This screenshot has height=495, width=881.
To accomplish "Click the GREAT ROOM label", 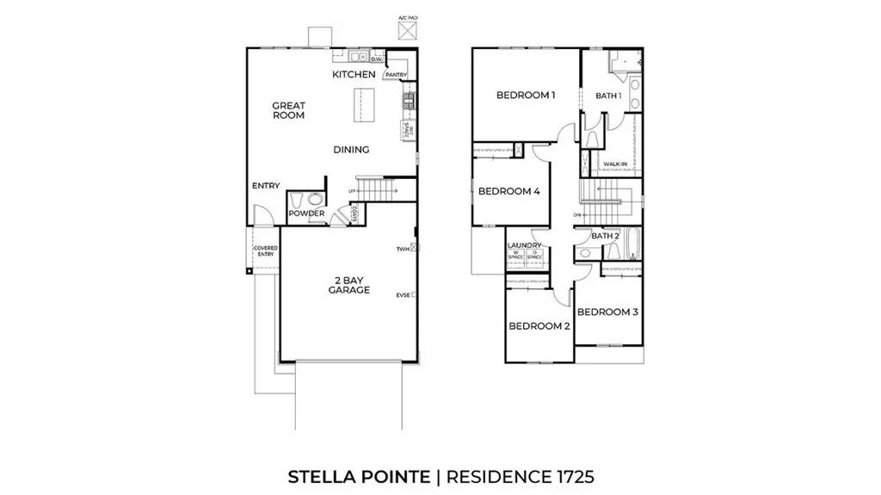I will (289, 110).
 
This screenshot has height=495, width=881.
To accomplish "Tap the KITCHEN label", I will (354, 75).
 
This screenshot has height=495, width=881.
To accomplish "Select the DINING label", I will (351, 150).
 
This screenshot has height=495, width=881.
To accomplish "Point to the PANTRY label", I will (396, 75).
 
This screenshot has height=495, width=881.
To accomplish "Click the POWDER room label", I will (305, 213).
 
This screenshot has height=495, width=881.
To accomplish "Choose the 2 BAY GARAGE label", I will (348, 285).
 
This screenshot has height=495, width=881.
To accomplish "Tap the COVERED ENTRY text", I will (265, 251).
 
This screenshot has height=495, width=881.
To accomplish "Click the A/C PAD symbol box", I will (406, 29).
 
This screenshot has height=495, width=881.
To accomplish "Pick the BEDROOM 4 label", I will (508, 191).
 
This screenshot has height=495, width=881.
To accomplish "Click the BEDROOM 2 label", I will (539, 326).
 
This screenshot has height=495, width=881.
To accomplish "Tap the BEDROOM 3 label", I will (607, 312).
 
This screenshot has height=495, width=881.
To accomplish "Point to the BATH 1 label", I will (608, 96).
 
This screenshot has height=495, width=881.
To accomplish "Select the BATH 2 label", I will (606, 236).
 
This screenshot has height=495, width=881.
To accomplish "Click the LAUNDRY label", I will (524, 245).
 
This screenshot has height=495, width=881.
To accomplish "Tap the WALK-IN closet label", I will (614, 163).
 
